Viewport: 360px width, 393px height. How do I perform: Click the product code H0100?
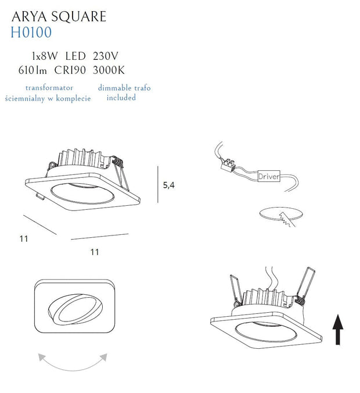click(31, 33)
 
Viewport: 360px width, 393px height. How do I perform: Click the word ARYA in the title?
click(29, 17)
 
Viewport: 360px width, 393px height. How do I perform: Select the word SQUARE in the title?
click(79, 17)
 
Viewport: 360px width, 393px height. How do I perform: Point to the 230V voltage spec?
click(106, 56)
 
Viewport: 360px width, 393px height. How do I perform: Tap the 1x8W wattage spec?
click(45, 56)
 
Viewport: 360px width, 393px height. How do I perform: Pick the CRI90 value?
click(70, 70)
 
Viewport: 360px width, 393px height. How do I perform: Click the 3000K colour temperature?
click(109, 70)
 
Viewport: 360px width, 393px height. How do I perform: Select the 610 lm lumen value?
click(33, 70)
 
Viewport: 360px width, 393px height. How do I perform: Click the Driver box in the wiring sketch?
click(269, 176)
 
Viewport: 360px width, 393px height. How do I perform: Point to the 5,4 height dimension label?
click(169, 185)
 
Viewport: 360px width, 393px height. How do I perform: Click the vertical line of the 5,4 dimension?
click(158, 184)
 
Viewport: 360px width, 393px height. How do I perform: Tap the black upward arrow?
click(338, 329)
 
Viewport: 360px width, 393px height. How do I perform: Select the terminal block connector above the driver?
click(228, 165)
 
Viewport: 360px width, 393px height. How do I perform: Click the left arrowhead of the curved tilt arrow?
click(42, 357)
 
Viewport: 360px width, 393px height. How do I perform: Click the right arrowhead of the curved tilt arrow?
click(103, 357)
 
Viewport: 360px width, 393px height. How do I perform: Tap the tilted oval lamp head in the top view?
click(75, 309)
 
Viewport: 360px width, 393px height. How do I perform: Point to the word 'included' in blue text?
click(121, 98)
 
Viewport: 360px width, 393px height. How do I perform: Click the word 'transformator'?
click(49, 88)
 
